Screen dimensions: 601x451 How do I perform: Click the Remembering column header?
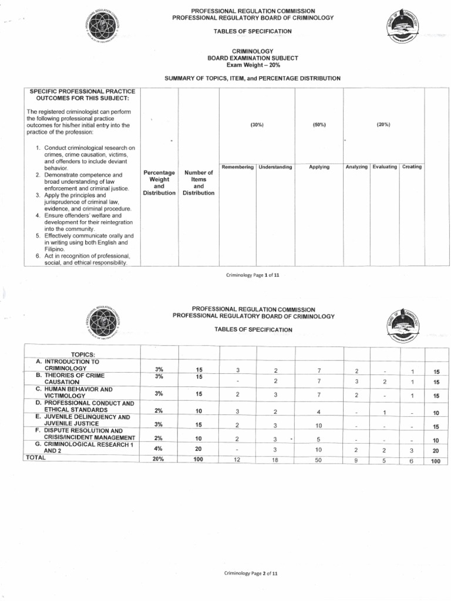coord(237,167)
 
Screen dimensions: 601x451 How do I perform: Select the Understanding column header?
coord(275,167)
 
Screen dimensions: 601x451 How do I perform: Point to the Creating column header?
coord(412,167)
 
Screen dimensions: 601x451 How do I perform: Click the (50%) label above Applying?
coord(319,125)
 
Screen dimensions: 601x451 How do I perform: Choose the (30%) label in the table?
coord(257,125)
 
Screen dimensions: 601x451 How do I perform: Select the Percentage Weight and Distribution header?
coord(159,183)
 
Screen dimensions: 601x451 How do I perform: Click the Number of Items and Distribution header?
coord(198,183)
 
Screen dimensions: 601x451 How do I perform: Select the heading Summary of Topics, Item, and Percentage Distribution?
coord(253,79)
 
